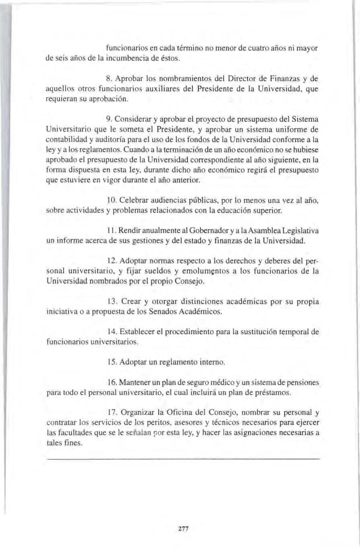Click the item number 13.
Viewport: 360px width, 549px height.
[x=112, y=301]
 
